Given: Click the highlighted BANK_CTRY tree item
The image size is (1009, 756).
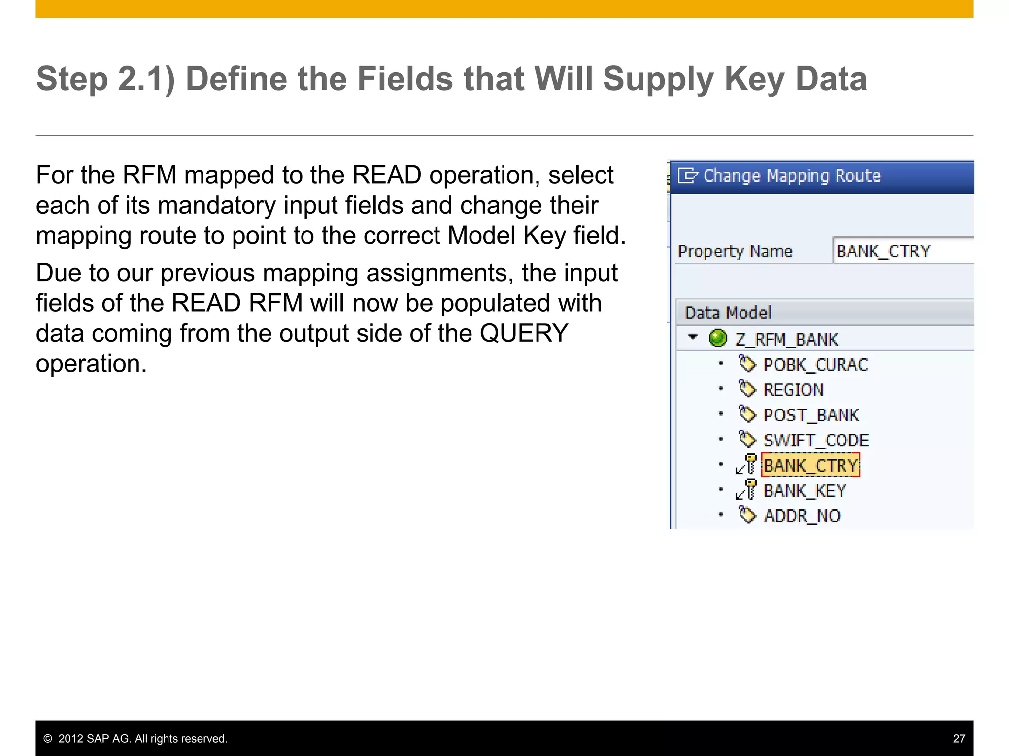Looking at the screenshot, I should click(x=810, y=465).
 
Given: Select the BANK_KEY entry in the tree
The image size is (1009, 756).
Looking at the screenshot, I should click(x=805, y=491).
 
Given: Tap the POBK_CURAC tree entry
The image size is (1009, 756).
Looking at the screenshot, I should click(x=815, y=365).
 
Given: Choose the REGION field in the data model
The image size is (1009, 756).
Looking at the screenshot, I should click(x=793, y=390).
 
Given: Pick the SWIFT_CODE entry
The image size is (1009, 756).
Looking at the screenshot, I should click(x=816, y=440).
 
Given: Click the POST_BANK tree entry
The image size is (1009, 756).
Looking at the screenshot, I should click(x=811, y=415).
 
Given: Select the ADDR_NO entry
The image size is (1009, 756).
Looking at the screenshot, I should click(x=802, y=516).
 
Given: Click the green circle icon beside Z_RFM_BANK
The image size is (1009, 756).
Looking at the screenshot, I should click(x=718, y=338).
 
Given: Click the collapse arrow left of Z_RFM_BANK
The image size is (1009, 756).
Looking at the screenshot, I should click(x=693, y=337).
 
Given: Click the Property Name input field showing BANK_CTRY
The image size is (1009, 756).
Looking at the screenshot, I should click(x=902, y=251).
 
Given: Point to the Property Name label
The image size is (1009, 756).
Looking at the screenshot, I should click(x=735, y=252).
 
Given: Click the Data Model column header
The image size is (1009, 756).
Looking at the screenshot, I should click(x=728, y=313).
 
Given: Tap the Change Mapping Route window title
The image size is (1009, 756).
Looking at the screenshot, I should click(x=792, y=176).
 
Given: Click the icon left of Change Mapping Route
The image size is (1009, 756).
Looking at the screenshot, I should click(x=688, y=176).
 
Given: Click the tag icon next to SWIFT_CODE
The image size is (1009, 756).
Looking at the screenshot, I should click(x=747, y=439).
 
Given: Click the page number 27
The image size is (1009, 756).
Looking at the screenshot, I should click(x=959, y=738).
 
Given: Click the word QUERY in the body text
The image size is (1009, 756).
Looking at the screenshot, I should click(x=524, y=333).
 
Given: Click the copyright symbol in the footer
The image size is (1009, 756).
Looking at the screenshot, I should click(x=48, y=739).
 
